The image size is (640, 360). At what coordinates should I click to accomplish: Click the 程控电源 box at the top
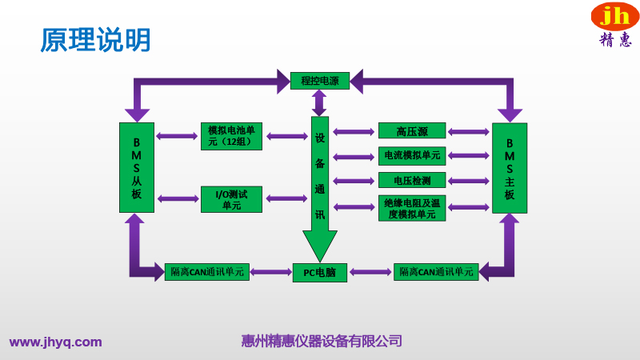click(x=319, y=81)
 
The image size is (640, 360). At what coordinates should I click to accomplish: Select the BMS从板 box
click(x=136, y=167)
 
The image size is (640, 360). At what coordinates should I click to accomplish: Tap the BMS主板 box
click(x=510, y=167)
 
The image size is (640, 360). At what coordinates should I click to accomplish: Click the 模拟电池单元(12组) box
click(x=231, y=136)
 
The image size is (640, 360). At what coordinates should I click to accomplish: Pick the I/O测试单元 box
click(x=231, y=199)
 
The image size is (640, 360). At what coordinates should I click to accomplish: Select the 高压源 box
click(x=412, y=131)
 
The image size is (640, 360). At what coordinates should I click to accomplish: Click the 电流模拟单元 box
click(x=412, y=155)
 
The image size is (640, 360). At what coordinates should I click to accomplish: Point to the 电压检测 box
click(x=412, y=180)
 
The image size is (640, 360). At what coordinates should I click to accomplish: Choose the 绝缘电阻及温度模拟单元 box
click(x=412, y=208)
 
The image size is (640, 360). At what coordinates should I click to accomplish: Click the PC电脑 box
click(x=319, y=272)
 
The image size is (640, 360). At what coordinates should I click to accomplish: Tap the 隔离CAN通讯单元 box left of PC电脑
click(x=207, y=272)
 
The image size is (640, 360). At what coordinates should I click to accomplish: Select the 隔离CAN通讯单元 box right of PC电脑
click(x=436, y=272)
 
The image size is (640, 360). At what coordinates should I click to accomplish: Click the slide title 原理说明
click(x=95, y=40)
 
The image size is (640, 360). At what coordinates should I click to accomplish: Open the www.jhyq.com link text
click(x=56, y=342)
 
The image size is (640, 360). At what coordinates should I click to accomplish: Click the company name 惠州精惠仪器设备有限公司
click(x=321, y=342)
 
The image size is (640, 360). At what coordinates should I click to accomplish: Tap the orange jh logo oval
click(x=614, y=16)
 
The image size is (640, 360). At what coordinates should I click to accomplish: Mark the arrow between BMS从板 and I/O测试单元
click(x=178, y=198)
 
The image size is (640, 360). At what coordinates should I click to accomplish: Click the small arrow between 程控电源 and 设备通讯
click(x=319, y=102)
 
